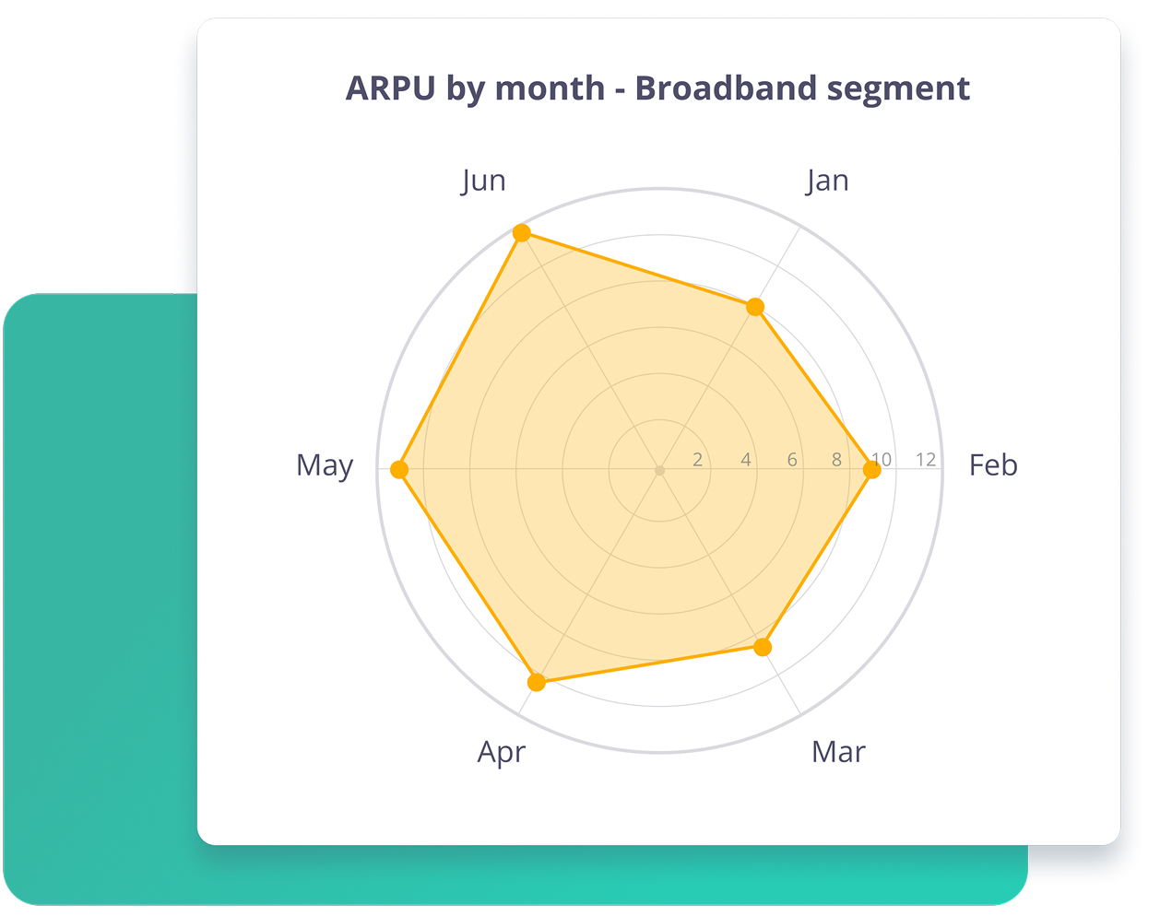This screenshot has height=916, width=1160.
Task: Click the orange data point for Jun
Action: [x=522, y=233]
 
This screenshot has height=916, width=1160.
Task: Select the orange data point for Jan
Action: [x=755, y=307]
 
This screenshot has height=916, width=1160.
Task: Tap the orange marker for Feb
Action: [x=872, y=470]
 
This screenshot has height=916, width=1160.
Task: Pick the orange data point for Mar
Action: [x=763, y=647]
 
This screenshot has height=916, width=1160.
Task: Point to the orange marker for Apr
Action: [x=537, y=682]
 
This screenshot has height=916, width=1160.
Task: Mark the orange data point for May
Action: [x=399, y=469]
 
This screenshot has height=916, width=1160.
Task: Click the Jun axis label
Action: [x=483, y=181]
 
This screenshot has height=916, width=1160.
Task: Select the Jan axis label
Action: [x=827, y=181]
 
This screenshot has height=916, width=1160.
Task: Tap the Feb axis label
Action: [x=993, y=465]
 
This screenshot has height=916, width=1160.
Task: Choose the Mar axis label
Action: [x=839, y=752]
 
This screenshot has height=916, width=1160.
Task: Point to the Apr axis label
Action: [x=502, y=753]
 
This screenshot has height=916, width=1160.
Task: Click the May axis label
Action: [x=325, y=466]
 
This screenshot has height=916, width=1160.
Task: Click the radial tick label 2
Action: [x=697, y=460]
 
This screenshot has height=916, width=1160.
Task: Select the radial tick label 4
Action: [x=746, y=460]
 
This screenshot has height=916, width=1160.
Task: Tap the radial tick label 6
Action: [x=792, y=460]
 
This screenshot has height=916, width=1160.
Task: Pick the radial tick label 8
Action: [x=836, y=460]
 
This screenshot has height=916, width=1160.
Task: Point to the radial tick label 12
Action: [x=926, y=460]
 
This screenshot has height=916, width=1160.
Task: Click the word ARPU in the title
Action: [x=390, y=88]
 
